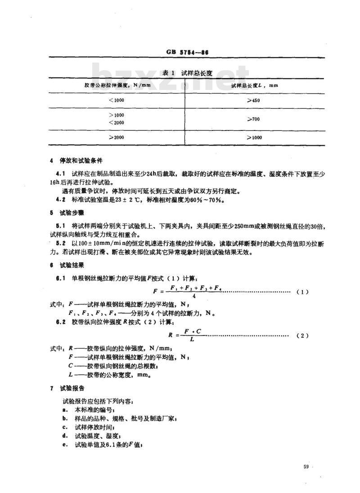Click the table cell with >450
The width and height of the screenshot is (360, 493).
tap(254, 100)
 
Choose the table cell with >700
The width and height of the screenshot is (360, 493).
tap(254, 119)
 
